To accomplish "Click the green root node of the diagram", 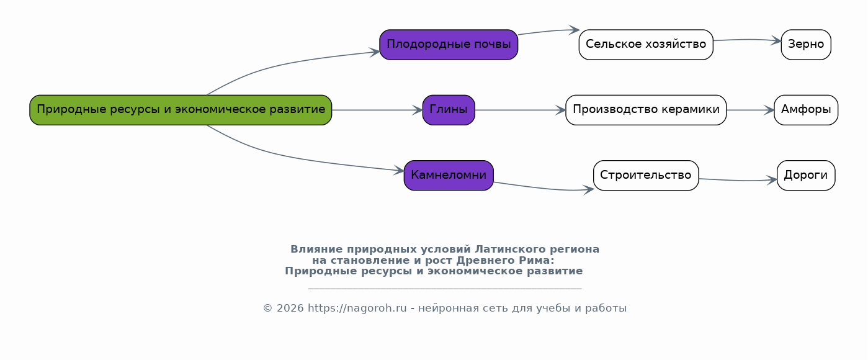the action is (x=181, y=110).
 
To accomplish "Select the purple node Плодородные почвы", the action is (x=449, y=45).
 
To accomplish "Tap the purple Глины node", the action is (x=449, y=110).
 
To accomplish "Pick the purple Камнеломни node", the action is (x=449, y=176).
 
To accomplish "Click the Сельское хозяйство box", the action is (x=646, y=45).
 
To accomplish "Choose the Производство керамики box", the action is (x=646, y=110).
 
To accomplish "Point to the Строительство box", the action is (x=646, y=176).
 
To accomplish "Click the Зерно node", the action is (x=806, y=45).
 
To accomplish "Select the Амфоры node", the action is (x=806, y=110).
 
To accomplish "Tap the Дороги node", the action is (x=806, y=176).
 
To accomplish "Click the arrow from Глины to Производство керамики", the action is (x=520, y=110).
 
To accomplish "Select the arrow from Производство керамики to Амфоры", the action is (x=750, y=110).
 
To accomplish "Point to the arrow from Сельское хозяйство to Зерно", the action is (x=747, y=40).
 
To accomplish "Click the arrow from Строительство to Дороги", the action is (x=738, y=181).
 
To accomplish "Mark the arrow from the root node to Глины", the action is (x=377, y=110).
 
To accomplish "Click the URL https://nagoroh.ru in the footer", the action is (x=357, y=308).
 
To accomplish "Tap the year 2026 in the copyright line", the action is (x=290, y=308).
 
